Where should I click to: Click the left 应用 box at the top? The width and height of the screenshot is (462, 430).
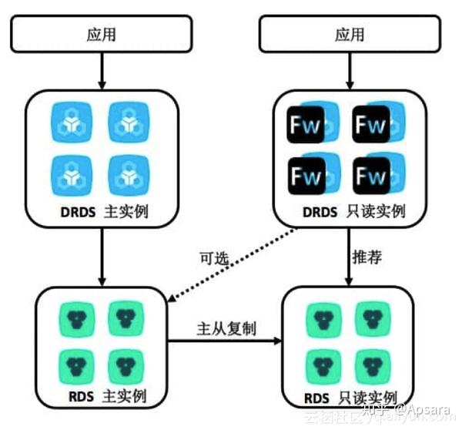pos(102,35)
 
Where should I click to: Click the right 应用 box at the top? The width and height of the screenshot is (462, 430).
pos(350,35)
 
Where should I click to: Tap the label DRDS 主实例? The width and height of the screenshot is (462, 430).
pos(102,210)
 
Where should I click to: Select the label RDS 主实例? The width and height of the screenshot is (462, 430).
pos(102,398)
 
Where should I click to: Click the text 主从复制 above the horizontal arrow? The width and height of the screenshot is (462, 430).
pos(225,327)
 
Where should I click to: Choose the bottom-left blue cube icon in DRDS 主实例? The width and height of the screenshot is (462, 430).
pos(77,173)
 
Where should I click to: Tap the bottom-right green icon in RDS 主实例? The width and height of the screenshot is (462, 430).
pos(126,362)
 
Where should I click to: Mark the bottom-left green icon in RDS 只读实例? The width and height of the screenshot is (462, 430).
pos(325,362)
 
